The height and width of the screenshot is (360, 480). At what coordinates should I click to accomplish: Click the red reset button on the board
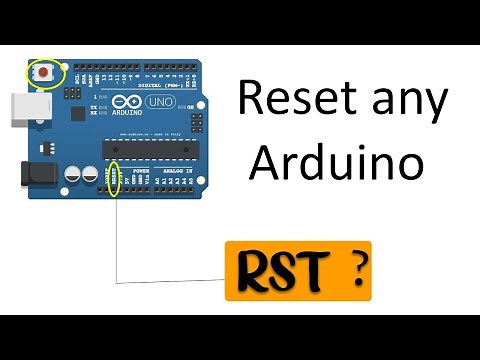click(45, 73)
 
